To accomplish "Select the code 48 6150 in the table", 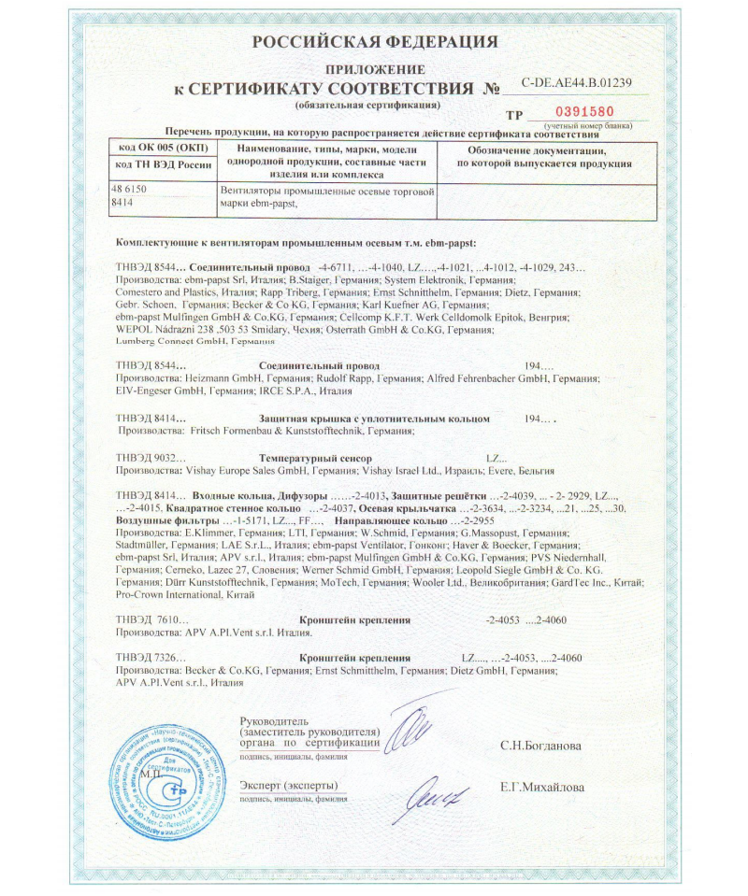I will coord(130,189).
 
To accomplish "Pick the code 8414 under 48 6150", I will coord(121,201).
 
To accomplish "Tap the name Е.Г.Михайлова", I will coord(542,788).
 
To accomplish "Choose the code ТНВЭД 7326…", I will coord(150,658).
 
